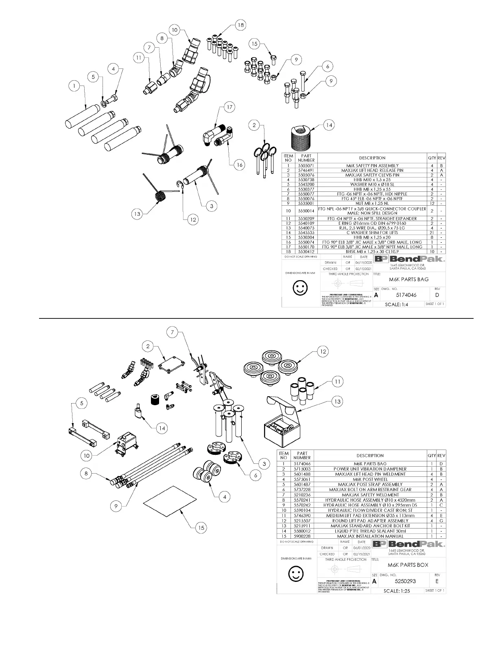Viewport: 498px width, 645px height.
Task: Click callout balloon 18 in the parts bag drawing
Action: coord(240,25)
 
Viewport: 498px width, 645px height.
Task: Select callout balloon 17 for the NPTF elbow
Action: coord(230,107)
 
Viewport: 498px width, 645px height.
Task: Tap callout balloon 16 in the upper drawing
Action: coord(240,165)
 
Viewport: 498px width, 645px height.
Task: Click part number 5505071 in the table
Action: coord(306,166)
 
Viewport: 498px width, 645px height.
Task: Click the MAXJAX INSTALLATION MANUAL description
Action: coord(370,536)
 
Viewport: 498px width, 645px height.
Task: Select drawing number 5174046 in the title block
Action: coord(406,295)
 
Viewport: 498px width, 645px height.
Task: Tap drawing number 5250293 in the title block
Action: coord(406,581)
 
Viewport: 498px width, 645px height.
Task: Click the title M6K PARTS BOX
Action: coord(408,565)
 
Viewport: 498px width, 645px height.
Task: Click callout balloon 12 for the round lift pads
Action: coord(323,351)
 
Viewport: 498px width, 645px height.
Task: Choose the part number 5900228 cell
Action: coord(301,536)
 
